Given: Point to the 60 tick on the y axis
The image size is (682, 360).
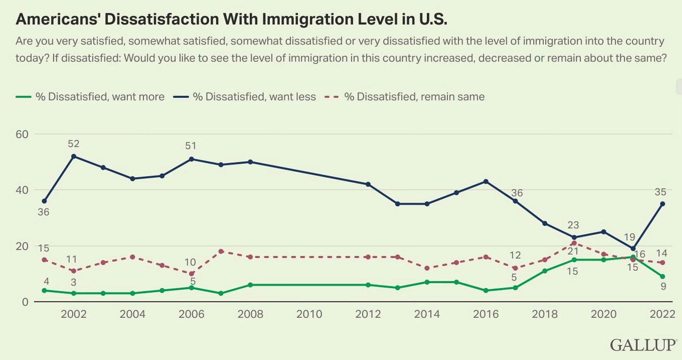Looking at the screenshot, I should [x=22, y=134].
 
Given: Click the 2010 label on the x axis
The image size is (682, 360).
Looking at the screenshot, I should [x=309, y=314].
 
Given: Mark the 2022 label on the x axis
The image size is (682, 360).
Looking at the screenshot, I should [x=662, y=314].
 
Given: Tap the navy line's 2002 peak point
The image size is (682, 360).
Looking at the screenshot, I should [x=74, y=156].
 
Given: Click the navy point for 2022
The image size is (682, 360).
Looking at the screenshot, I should [x=663, y=204].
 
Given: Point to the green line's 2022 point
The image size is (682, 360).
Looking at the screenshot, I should [x=663, y=277].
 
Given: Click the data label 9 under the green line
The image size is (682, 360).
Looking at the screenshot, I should [x=663, y=286].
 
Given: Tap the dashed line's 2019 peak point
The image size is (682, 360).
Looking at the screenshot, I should [x=574, y=243].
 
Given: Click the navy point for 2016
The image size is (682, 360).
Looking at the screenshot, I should [x=486, y=181].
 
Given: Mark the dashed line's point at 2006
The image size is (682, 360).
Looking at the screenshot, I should [x=192, y=274].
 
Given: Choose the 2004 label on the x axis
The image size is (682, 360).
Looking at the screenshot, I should [x=133, y=314].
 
